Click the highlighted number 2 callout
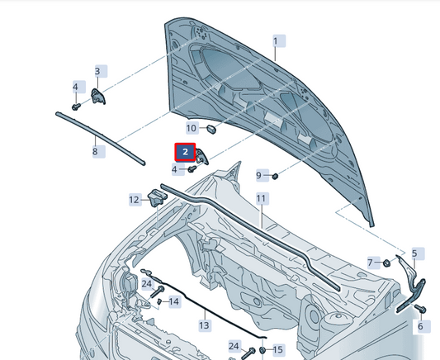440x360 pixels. click(x=185, y=152)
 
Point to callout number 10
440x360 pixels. click(x=192, y=128)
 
